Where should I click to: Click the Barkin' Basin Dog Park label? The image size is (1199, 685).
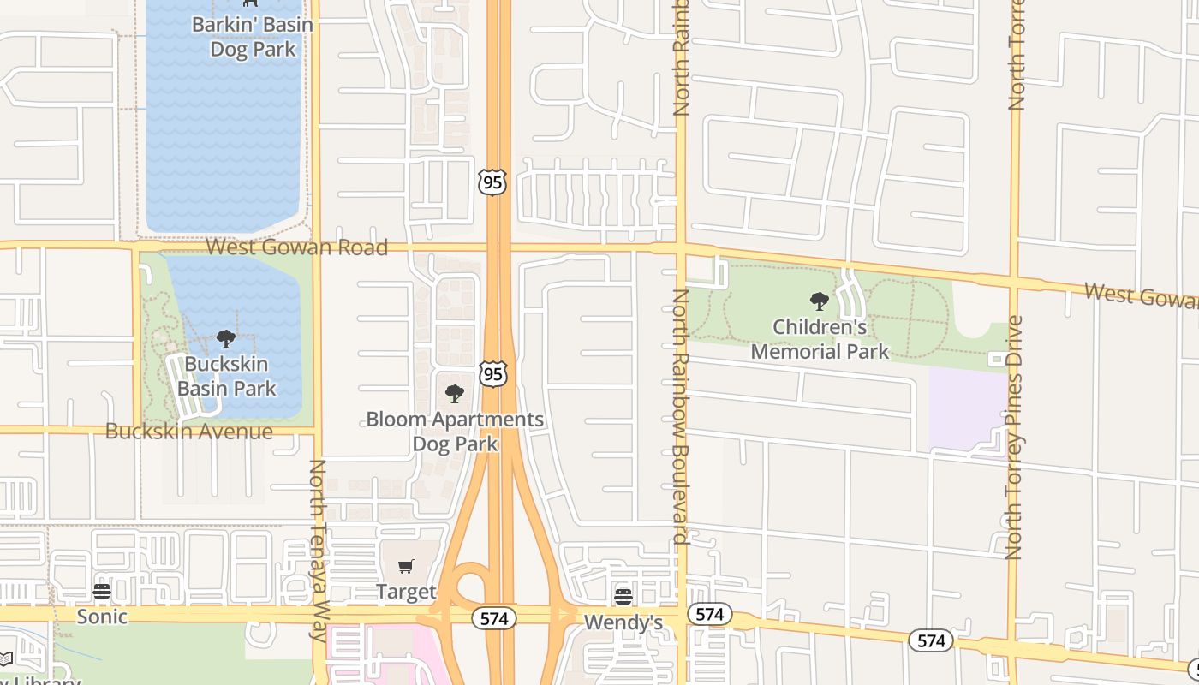click(x=252, y=37)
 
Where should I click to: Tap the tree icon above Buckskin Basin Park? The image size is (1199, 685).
click(x=226, y=339)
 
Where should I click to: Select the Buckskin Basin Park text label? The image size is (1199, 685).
click(x=226, y=377)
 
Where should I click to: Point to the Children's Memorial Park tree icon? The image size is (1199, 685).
click(x=820, y=301)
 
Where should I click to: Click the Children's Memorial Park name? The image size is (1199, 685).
click(x=820, y=339)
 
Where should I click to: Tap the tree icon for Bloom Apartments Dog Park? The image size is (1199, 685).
click(x=455, y=394)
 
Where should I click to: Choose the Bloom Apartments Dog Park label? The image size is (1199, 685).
click(x=455, y=432)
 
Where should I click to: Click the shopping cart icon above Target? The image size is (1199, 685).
click(x=406, y=567)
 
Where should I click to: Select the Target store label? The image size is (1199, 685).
click(x=406, y=592)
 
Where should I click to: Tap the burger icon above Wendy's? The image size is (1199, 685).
click(x=623, y=597)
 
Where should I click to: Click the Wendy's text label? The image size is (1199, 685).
click(x=623, y=622)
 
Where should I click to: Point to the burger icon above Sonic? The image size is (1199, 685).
click(x=102, y=592)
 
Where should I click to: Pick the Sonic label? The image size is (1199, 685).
click(x=102, y=616)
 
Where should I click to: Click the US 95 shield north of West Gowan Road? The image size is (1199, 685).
click(x=492, y=182)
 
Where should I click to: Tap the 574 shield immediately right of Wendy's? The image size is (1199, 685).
click(x=709, y=614)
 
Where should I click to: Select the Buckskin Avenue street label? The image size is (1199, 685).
click(x=188, y=432)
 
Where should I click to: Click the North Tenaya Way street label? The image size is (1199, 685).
click(x=318, y=550)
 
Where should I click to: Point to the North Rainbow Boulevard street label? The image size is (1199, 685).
click(x=681, y=416)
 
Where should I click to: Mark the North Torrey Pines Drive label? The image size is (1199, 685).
click(x=1015, y=437)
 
